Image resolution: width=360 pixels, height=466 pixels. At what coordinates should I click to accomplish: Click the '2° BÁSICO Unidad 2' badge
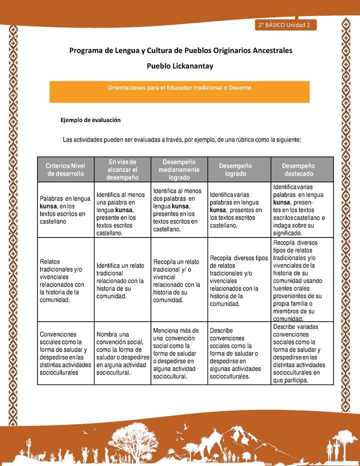[x=285, y=25]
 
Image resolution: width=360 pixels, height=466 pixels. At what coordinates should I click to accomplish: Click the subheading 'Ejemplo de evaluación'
[x=90, y=120]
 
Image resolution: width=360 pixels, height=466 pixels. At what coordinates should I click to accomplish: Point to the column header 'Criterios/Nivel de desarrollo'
[x=65, y=169]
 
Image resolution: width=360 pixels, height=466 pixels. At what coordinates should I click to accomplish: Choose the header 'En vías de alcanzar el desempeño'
[x=122, y=169]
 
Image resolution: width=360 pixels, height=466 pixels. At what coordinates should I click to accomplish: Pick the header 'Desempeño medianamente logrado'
[x=179, y=169]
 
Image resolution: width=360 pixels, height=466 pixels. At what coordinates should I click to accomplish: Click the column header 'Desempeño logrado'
[x=235, y=169]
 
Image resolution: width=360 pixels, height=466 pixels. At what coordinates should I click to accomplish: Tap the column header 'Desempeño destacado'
[x=298, y=169]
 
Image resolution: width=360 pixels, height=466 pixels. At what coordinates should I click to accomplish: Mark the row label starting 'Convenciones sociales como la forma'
[x=65, y=352]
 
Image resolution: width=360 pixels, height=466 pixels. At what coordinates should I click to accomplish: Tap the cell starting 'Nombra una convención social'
[x=122, y=352]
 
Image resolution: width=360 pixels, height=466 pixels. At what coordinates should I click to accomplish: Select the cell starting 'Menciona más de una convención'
[x=178, y=353]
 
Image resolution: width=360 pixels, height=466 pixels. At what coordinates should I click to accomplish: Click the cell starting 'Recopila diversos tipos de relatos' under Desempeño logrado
[x=238, y=280]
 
